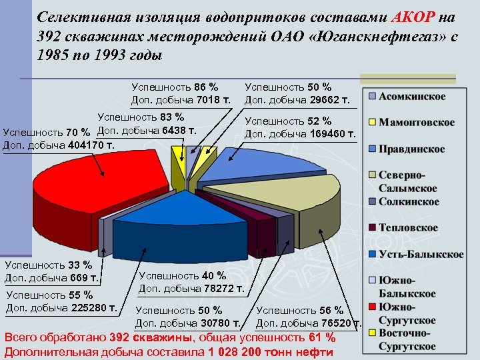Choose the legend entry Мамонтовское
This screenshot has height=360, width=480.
tap(417, 123)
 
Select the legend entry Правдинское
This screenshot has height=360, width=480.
tap(413, 149)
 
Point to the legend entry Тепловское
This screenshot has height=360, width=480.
tap(408, 228)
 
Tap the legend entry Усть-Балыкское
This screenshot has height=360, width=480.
tap(421, 254)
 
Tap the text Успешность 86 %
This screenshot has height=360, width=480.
tap(175, 87)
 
